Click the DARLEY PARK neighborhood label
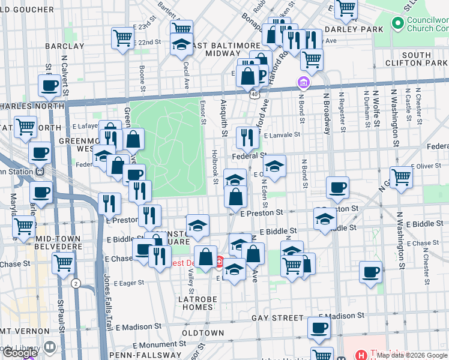point(353,29)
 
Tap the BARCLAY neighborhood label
point(64,46)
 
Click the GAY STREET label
point(277,317)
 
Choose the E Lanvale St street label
point(281,136)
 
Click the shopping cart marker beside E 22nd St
point(122,38)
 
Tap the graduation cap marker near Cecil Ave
point(181,44)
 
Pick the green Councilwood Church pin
point(397,23)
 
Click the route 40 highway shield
point(255,94)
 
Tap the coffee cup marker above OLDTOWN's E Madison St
point(319,328)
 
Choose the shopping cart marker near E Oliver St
point(401,177)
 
